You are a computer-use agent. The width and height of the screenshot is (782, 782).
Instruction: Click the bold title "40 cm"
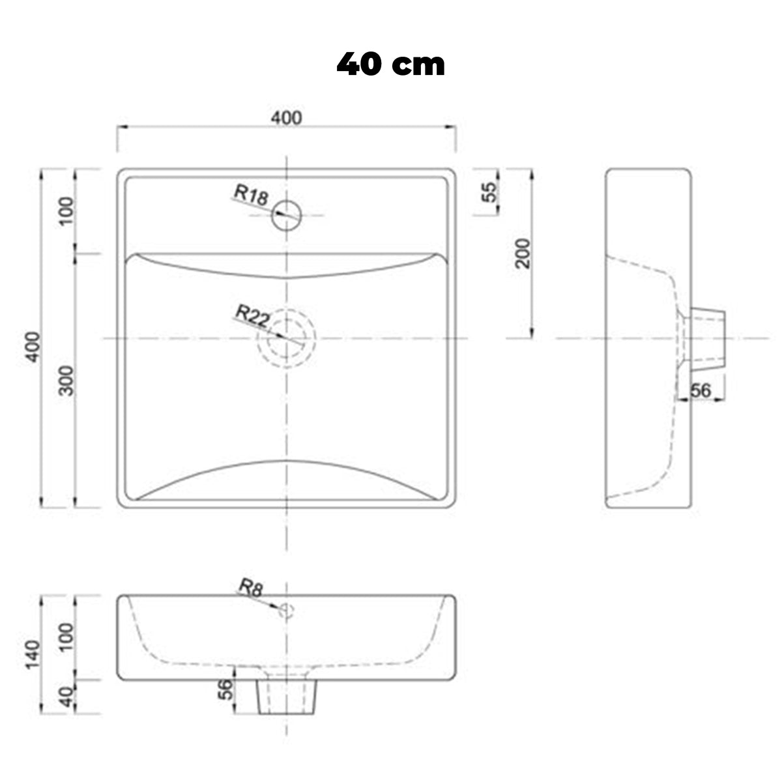click(390, 65)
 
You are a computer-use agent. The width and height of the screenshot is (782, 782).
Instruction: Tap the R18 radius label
click(252, 195)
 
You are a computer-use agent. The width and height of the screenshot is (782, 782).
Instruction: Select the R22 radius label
click(252, 315)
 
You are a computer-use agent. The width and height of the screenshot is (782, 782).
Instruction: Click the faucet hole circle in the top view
click(287, 201)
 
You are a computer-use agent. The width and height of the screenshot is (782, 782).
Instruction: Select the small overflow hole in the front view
click(286, 611)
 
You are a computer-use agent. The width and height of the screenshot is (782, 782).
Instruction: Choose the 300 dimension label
click(66, 381)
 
